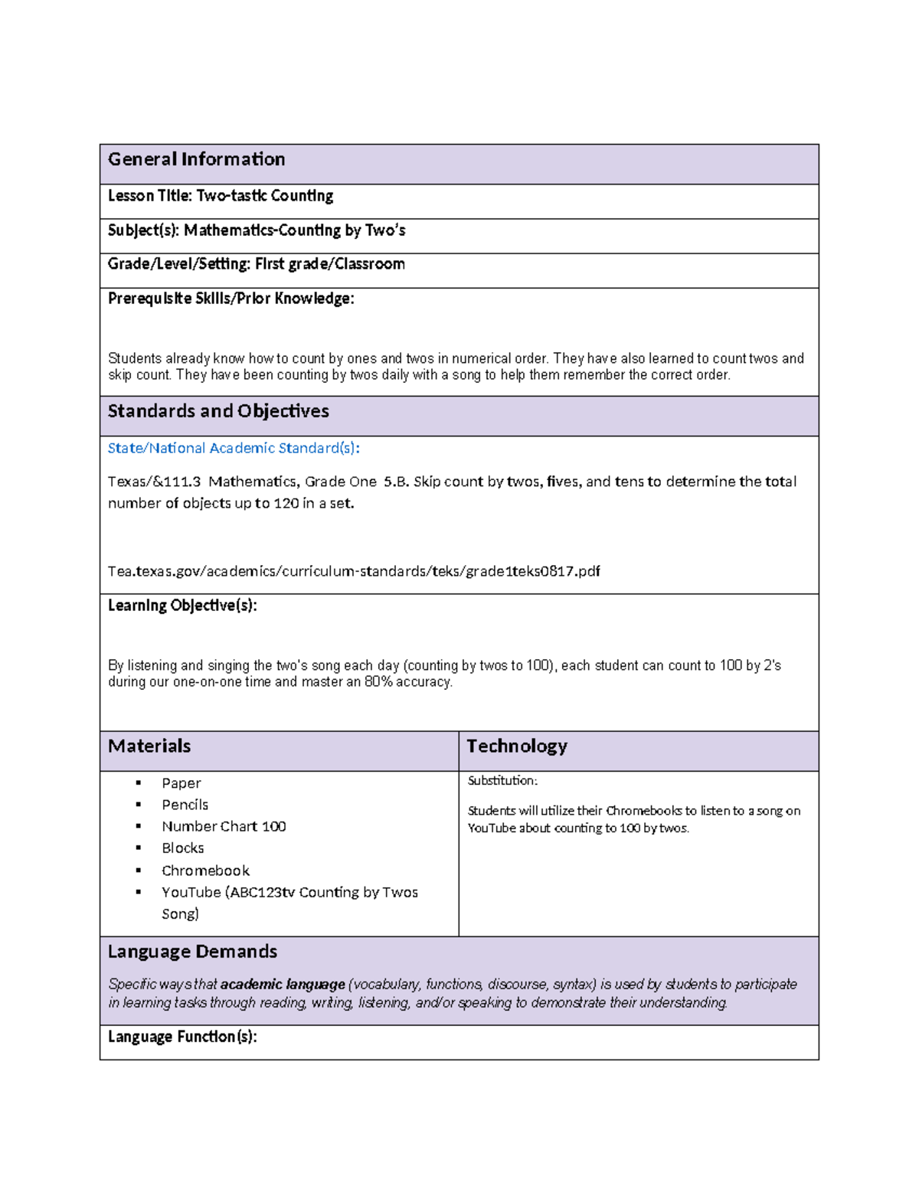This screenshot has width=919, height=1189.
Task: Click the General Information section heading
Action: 196,159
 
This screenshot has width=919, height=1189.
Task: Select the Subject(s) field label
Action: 143,230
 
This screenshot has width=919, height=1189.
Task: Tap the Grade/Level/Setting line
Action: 256,264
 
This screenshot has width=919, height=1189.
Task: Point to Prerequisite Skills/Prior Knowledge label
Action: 231,299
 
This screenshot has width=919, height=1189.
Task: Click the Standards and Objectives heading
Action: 218,411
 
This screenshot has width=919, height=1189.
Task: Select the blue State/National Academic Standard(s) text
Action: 234,448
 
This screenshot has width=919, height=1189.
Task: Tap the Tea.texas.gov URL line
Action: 354,571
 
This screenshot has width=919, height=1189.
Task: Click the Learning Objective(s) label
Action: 182,606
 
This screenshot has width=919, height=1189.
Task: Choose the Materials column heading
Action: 149,746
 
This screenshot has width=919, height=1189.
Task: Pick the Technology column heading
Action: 517,746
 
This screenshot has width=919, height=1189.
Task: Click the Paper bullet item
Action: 181,783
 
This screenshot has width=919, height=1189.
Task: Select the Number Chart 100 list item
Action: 224,826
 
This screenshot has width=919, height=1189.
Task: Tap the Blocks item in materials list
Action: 182,848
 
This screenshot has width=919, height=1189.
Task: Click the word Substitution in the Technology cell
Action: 502,781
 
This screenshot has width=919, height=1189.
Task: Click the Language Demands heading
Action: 192,952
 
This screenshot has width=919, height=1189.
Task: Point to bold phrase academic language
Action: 283,985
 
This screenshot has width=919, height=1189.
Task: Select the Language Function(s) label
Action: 182,1037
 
